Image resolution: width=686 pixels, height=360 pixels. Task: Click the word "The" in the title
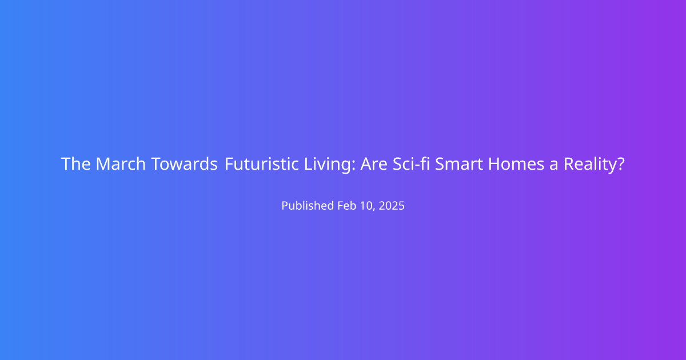76,164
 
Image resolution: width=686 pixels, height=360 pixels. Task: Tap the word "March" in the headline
121,164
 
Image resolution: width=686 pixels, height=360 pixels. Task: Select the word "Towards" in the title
184,164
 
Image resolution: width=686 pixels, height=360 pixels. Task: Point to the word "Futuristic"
262,164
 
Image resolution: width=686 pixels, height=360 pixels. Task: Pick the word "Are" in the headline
374,164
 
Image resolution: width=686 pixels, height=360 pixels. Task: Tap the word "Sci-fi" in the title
411,164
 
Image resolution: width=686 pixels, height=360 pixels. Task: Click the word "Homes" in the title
516,164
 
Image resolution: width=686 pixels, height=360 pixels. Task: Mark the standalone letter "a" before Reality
554,165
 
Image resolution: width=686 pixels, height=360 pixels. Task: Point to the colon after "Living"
353,165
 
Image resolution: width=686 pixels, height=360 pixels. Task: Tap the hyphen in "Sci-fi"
416,166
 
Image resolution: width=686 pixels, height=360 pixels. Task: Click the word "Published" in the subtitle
308,205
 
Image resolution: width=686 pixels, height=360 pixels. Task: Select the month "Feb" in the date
348,205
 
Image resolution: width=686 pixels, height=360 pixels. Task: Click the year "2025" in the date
392,205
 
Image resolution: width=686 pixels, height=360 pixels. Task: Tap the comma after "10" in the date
374,210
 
